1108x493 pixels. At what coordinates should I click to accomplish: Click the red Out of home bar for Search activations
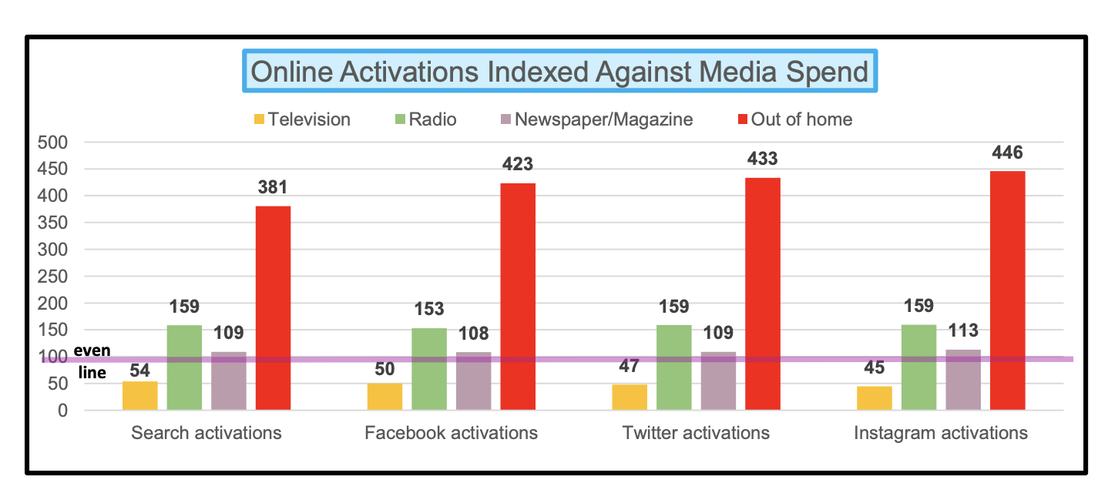[273, 308]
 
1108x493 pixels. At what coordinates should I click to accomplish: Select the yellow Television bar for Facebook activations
[384, 396]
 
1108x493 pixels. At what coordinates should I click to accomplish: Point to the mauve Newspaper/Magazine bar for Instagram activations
[963, 379]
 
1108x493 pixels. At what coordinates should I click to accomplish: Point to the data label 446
[1008, 153]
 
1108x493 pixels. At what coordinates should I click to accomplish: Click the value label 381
[274, 188]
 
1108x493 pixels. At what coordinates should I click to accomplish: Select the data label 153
[429, 309]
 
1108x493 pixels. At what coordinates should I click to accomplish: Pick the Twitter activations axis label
[696, 433]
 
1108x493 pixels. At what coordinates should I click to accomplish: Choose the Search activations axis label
[206, 433]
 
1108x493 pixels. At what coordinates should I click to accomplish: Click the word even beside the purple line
[92, 350]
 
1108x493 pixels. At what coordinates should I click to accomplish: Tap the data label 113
[963, 330]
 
